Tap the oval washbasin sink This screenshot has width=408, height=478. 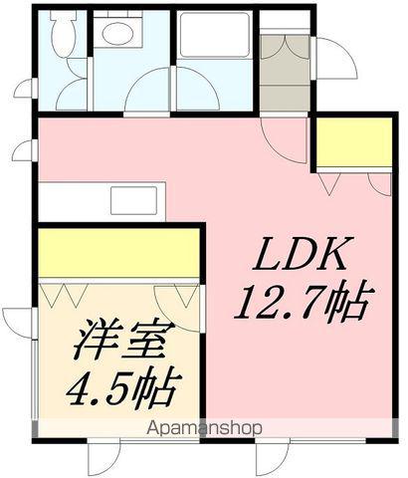pyautogui.click(x=120, y=33)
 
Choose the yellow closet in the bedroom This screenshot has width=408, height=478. pyautogui.click(x=119, y=255)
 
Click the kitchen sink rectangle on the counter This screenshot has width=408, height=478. pyautogui.click(x=132, y=199)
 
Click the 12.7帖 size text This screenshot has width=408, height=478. pyautogui.click(x=304, y=299)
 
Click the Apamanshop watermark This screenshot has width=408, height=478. pyautogui.click(x=205, y=427)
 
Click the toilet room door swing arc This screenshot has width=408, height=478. pyautogui.click(x=72, y=95)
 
